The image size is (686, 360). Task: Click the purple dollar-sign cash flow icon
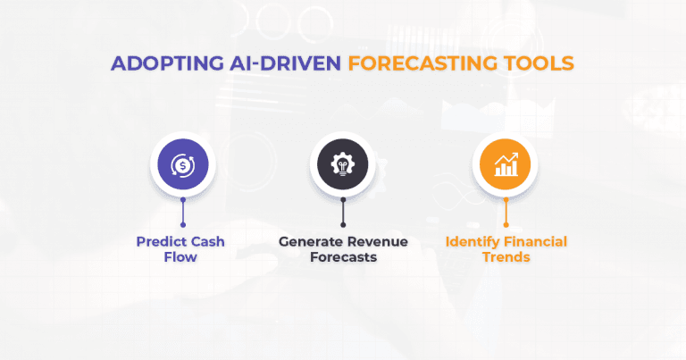[x=182, y=165]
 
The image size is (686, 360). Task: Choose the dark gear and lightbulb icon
[x=343, y=165]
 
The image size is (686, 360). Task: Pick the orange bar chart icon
[x=505, y=165]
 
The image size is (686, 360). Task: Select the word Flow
[x=182, y=257]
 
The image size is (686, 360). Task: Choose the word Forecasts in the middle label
[x=342, y=257]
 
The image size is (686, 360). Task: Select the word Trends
[x=505, y=257]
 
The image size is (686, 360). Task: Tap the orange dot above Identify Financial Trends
[x=505, y=224]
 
